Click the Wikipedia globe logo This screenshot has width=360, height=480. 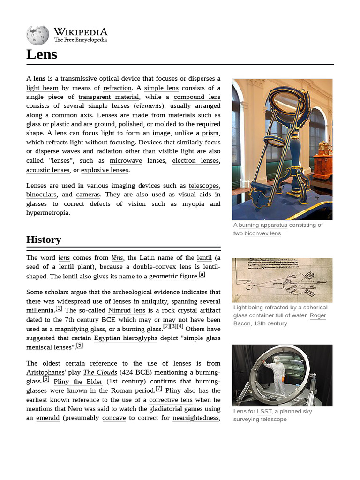[x=37, y=36]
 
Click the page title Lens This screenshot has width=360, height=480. [x=42, y=54]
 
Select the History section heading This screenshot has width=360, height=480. [x=44, y=240]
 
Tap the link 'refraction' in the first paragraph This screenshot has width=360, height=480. [x=117, y=88]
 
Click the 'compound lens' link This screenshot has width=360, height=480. [x=197, y=97]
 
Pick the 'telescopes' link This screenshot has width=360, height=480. [x=203, y=186]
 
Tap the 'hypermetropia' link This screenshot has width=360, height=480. [x=47, y=213]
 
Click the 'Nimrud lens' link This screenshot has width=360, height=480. [x=127, y=310]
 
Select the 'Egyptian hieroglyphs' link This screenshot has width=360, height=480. [x=126, y=338]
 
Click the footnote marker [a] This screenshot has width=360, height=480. [x=202, y=275]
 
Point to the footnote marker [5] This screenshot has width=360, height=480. [x=80, y=345]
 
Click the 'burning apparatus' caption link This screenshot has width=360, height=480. [x=263, y=225]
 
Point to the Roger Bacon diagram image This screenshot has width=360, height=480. [x=282, y=280]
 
